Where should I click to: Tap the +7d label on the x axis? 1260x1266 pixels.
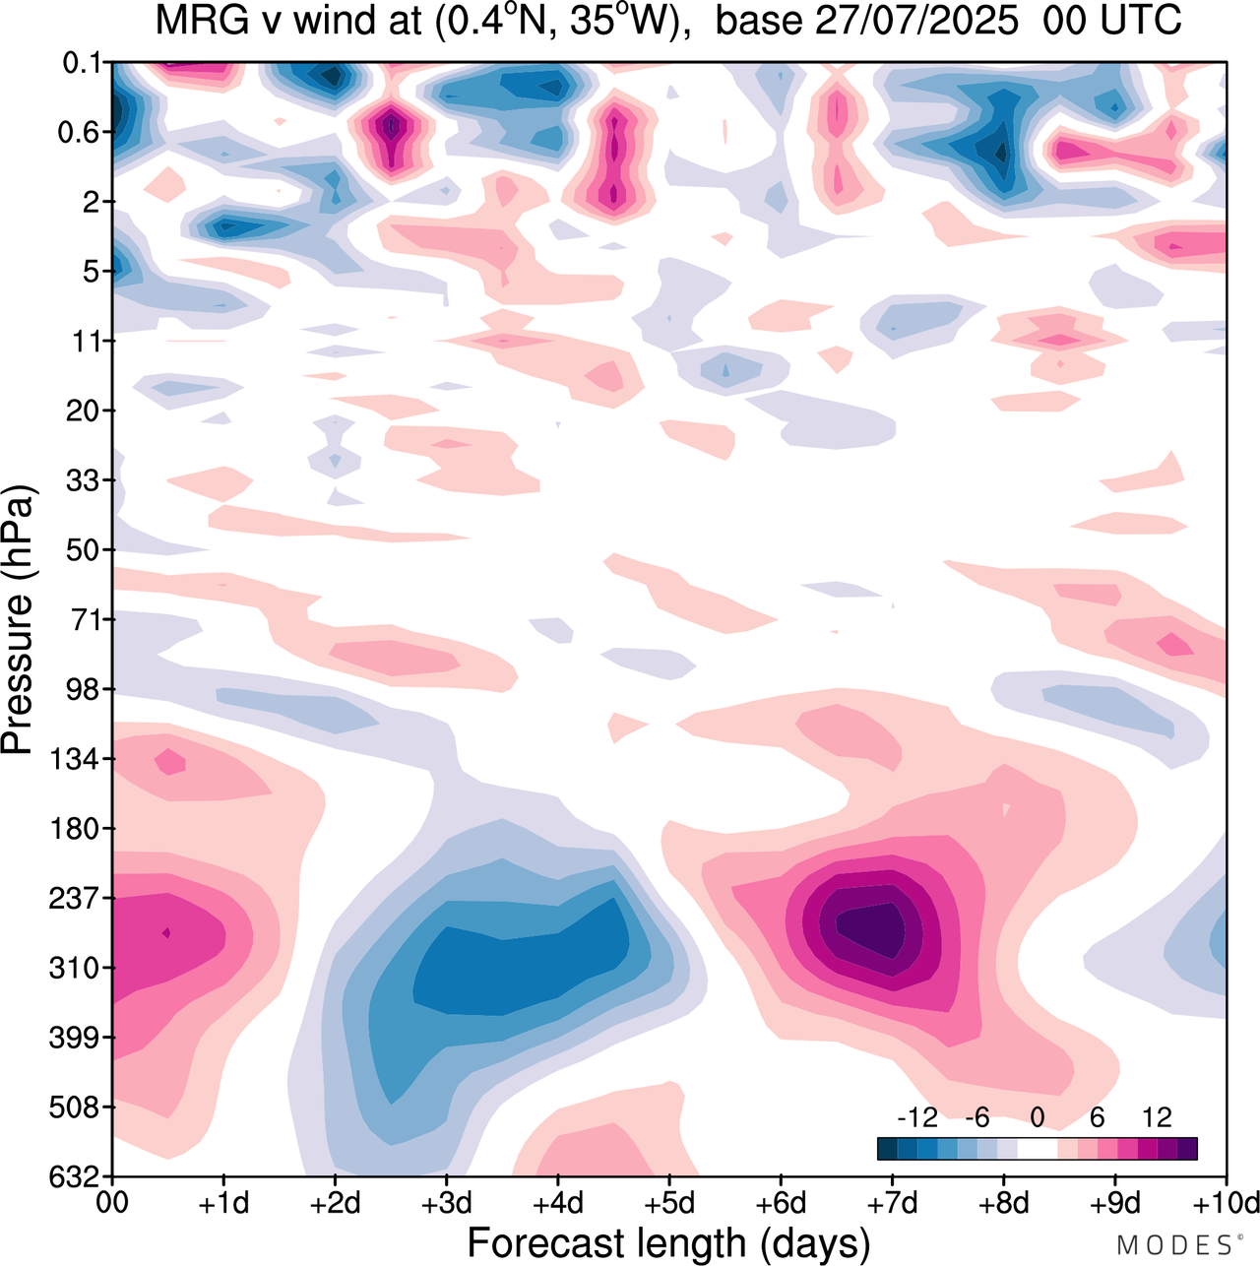pos(892,1203)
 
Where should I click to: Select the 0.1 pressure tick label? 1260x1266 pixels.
pos(83,64)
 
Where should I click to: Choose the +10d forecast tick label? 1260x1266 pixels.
pos(1226,1203)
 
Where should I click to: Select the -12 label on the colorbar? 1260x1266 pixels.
pos(916,1117)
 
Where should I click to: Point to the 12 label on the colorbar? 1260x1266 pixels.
pos(1157,1117)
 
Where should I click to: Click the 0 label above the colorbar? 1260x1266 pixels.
pos(1038,1117)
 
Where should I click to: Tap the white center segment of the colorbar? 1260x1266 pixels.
pos(1038,1148)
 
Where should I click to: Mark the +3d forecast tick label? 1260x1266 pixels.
pos(446,1203)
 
